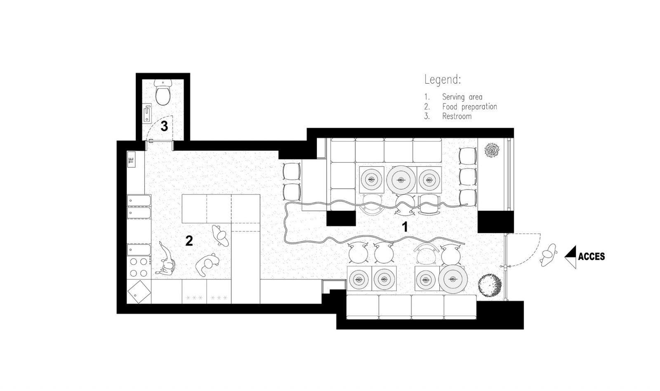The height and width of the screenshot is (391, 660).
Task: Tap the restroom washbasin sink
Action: (147, 113)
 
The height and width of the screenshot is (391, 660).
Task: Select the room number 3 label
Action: (164, 126)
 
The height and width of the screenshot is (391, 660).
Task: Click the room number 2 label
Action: (189, 241)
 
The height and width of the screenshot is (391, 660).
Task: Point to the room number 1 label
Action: (405, 227)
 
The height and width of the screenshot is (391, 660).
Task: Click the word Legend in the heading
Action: (442, 80)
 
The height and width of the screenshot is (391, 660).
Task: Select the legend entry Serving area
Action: (462, 97)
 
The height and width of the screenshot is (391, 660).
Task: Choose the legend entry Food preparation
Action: (469, 106)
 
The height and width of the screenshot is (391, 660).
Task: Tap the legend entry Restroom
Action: (457, 116)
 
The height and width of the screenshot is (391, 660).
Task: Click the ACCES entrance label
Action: (592, 257)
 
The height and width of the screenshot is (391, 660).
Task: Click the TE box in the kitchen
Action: (132, 160)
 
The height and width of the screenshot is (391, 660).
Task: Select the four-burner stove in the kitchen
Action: (139, 267)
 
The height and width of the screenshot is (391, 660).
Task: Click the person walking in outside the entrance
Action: (549, 255)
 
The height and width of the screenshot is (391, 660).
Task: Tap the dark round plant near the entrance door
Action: (489, 286)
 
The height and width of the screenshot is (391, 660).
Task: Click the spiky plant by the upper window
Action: (492, 150)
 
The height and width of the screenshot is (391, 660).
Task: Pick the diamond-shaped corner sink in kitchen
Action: (139, 292)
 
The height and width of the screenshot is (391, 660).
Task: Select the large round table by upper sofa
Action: (401, 180)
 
